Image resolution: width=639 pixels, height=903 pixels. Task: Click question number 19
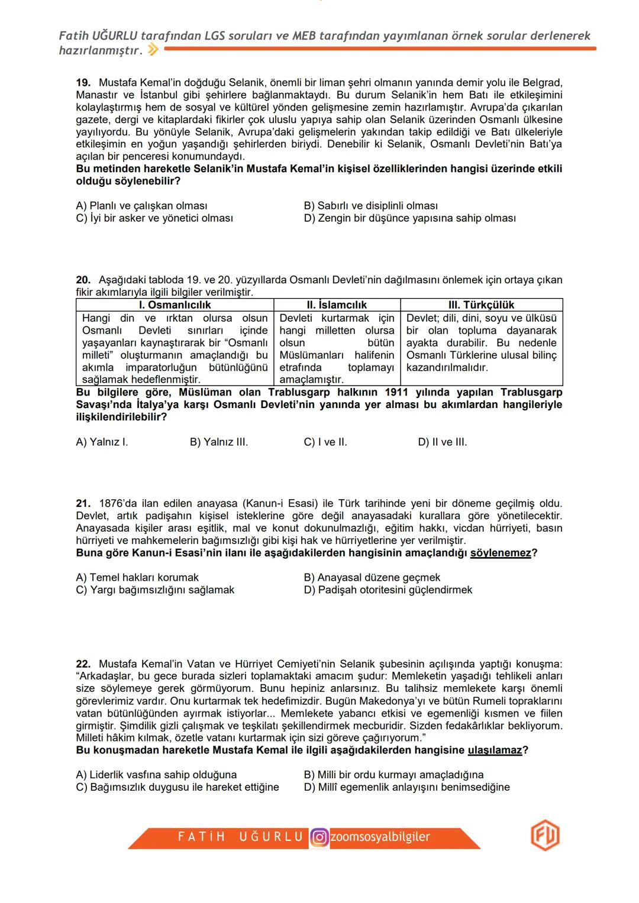tap(83, 82)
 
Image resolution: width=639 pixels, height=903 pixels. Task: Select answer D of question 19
tap(409, 218)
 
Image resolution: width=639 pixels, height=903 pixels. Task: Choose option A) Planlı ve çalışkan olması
tap(141, 206)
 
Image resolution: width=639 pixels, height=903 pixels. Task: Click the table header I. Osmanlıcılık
tap(175, 305)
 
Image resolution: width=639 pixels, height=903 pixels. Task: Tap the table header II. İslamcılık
tap(337, 305)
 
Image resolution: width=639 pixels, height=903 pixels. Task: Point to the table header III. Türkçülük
tap(481, 305)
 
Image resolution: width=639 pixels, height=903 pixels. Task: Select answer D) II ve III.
tap(442, 442)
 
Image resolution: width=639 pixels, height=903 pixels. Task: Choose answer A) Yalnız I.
tap(102, 442)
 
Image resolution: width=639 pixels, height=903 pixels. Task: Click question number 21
tap(83, 503)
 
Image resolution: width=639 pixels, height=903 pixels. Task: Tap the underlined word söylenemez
tap(500, 553)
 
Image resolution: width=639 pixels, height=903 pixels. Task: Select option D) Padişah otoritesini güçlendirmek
tap(388, 590)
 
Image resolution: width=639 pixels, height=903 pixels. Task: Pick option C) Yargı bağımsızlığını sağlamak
tap(155, 590)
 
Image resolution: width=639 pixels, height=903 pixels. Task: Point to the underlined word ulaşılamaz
tap(495, 750)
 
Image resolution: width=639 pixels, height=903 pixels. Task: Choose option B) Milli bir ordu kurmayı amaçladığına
tap(393, 775)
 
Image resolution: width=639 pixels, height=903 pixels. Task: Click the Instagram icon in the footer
tap(319, 837)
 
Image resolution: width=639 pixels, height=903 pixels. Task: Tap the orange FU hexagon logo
tap(544, 836)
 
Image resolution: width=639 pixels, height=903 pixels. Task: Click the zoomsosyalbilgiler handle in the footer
tap(380, 837)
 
